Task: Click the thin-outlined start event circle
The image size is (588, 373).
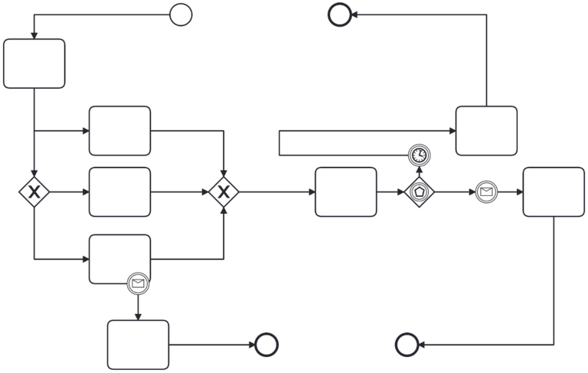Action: [x=181, y=15]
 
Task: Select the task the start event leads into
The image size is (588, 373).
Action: [x=34, y=64]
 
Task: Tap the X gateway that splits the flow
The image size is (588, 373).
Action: [x=34, y=191]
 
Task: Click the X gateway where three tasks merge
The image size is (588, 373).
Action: [x=224, y=191]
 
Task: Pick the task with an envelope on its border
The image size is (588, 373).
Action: [x=119, y=259]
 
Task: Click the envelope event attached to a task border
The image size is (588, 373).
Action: [x=138, y=284]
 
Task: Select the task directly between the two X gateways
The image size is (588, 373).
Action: [x=119, y=191]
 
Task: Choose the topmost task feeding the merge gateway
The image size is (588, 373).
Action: [x=119, y=131]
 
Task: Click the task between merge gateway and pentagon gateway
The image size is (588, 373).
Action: [x=346, y=191]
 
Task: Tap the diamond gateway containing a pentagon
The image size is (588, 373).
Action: [x=420, y=191]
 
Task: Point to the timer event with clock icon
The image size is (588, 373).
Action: [x=420, y=155]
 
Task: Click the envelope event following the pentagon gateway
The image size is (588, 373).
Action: [x=485, y=191]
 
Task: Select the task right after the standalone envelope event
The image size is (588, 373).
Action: [x=554, y=191]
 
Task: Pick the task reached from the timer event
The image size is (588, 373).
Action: [x=486, y=131]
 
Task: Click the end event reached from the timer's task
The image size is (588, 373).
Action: [x=339, y=15]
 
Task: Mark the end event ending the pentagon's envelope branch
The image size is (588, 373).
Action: [x=407, y=345]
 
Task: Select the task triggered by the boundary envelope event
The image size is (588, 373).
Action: [x=138, y=345]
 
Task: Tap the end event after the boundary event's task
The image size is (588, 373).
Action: [x=266, y=345]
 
